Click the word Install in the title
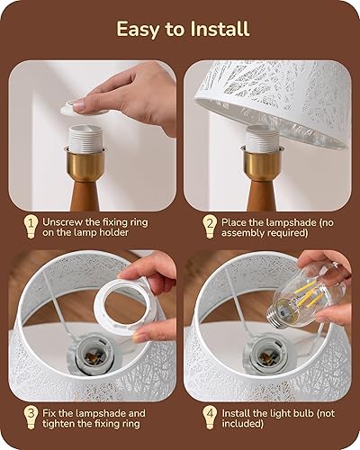217,29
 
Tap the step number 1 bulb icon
32,224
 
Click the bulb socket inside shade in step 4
266,357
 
